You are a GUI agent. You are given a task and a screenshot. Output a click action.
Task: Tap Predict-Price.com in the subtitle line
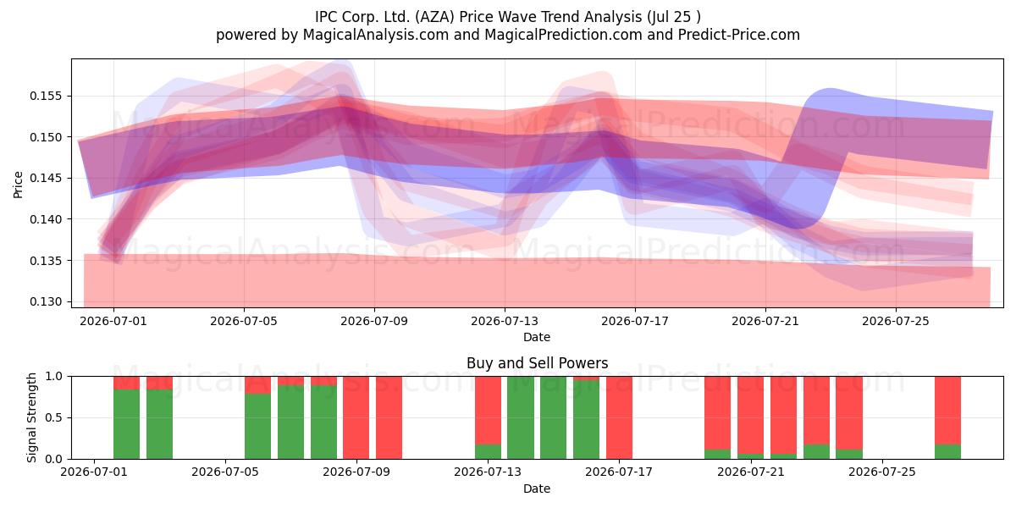pos(739,35)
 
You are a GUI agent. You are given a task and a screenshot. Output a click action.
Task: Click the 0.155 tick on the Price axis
pos(46,97)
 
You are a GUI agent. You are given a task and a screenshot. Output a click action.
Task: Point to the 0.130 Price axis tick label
pos(46,301)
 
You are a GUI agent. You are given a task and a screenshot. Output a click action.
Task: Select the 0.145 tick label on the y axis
pos(46,179)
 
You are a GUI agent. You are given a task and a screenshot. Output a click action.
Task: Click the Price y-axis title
pos(18,185)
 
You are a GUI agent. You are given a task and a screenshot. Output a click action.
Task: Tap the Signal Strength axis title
pos(31,417)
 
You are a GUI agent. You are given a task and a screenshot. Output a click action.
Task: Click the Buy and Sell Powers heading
pos(537,363)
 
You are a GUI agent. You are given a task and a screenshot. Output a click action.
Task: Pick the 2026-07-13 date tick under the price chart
pos(505,321)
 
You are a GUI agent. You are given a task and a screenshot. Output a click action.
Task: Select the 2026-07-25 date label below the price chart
pos(896,321)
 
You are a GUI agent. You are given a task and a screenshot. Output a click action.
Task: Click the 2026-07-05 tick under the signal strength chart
pos(225,472)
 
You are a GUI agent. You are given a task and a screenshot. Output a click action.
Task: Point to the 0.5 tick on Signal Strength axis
pos(53,417)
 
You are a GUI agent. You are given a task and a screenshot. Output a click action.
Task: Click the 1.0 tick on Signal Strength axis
pos(53,377)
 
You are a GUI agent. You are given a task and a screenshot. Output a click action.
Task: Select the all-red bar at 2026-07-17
pos(619,417)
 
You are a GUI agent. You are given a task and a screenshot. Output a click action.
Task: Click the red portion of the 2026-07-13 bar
pos(488,411)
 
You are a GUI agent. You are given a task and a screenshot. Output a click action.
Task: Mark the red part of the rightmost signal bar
pos(947,411)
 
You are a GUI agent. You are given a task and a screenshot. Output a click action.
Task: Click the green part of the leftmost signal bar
pos(126,424)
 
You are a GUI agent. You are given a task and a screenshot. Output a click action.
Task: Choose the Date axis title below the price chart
pos(537,337)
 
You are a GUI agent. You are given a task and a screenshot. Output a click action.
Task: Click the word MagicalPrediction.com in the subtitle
pos(563,35)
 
